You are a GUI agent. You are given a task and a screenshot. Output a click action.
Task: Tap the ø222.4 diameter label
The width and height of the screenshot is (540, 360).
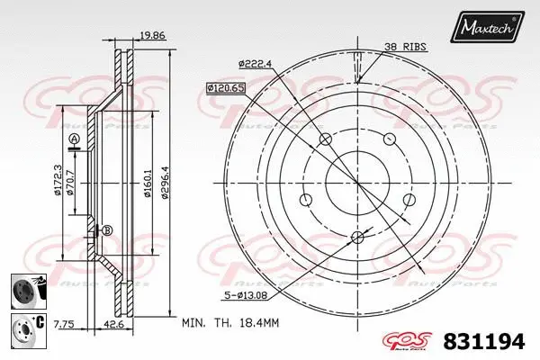click(257, 63)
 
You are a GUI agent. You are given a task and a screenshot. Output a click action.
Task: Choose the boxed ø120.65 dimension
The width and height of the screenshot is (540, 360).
click(225, 88)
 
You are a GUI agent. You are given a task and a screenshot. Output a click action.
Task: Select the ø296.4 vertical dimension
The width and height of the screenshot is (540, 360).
click(165, 184)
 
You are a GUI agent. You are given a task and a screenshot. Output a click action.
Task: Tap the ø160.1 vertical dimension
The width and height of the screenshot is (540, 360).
click(146, 184)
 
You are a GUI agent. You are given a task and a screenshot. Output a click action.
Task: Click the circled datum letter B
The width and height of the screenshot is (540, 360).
click(106, 230)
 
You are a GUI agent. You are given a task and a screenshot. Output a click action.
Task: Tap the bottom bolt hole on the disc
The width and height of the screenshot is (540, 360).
click(356, 237)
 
